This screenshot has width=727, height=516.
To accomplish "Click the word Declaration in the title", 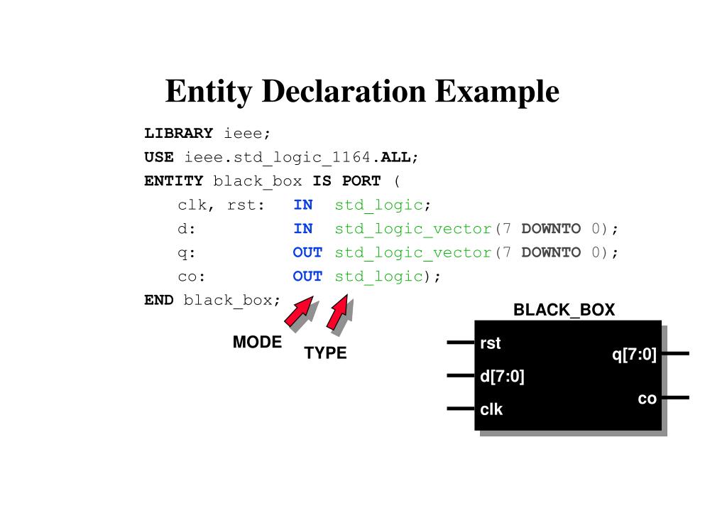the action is coord(344,91).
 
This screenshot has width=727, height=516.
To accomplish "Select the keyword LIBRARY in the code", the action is coord(178,133).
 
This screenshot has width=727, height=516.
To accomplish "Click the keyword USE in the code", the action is coord(159,157).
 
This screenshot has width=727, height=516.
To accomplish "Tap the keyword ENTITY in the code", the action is coord(174,181).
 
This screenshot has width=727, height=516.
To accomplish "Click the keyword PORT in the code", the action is coord(361,181).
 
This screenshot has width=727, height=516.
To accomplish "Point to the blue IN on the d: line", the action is coord(303,228).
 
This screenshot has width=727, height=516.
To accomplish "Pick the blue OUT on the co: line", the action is coord(307,276).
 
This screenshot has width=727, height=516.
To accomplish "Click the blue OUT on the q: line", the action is coord(307,252).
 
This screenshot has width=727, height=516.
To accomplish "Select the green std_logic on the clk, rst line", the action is coord(379,205).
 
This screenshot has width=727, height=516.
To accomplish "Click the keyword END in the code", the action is coord(159,300).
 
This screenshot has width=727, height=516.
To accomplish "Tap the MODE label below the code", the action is coord(257,342).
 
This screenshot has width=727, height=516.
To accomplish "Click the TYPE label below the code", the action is coord(325,353).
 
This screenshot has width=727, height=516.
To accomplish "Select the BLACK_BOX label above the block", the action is coord(564,309).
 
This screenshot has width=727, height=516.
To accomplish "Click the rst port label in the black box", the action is coord(491,343).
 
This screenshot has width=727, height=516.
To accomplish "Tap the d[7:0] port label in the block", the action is coord(502,376).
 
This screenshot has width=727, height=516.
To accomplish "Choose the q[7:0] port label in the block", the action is coord(634,355).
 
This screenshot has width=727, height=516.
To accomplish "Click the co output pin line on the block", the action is coord(676,398).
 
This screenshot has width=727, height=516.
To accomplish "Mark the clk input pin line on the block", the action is coord(461,409).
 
